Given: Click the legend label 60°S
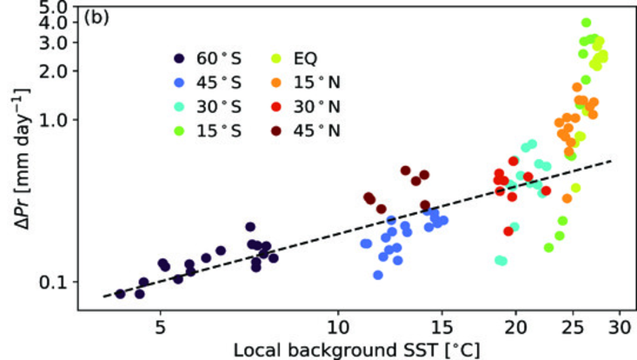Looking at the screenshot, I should (x=218, y=59).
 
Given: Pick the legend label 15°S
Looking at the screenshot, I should (x=218, y=131).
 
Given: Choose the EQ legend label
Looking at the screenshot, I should (x=305, y=59).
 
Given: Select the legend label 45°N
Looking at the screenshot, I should (x=315, y=131).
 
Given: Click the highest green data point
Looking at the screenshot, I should (x=586, y=23).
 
